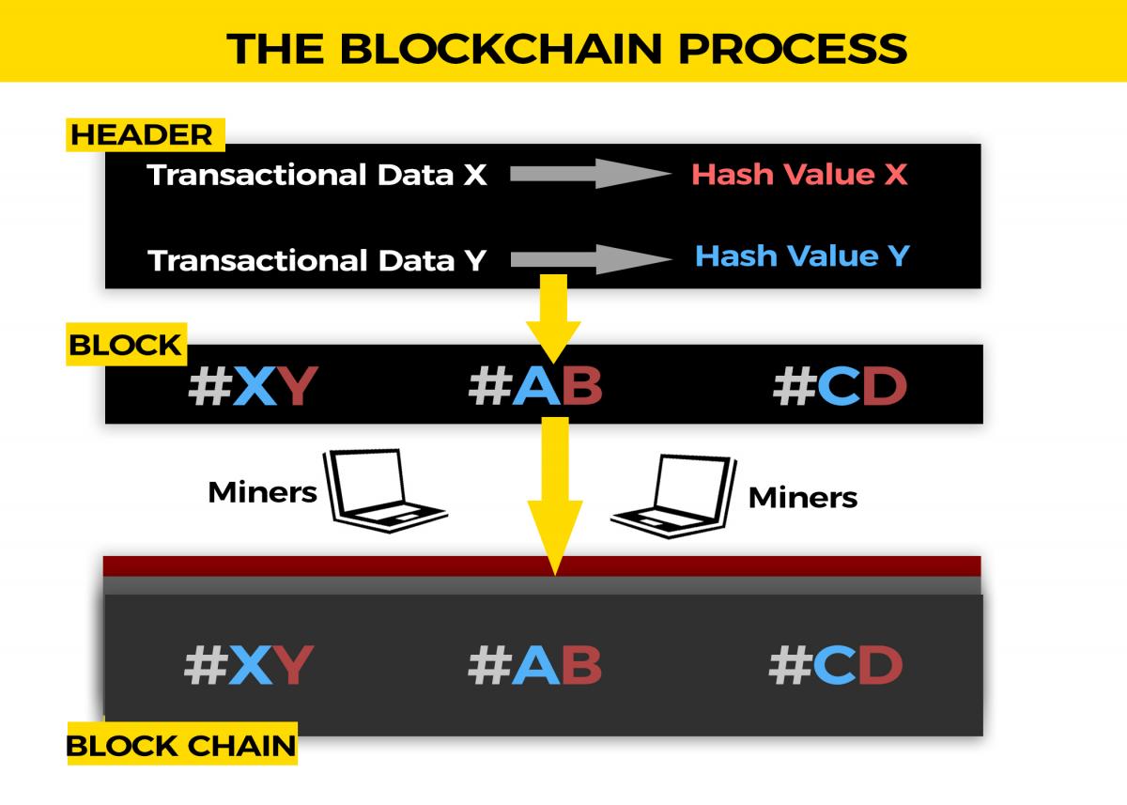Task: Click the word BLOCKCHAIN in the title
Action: pyautogui.click(x=501, y=49)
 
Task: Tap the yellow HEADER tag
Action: pyautogui.click(x=146, y=135)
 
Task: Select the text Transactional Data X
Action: pyautogui.click(x=317, y=175)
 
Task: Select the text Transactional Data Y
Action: pyautogui.click(x=317, y=260)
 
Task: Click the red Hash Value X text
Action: pyautogui.click(x=800, y=174)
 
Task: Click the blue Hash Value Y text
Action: pyautogui.click(x=802, y=255)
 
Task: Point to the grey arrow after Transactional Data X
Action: pyautogui.click(x=591, y=174)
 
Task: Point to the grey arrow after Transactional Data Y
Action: pyautogui.click(x=592, y=259)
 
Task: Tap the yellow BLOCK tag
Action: pyautogui.click(x=126, y=345)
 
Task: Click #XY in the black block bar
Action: pyautogui.click(x=253, y=385)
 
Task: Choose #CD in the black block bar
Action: pyautogui.click(x=840, y=385)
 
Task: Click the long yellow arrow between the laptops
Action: pyautogui.click(x=555, y=496)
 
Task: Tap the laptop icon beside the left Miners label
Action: pyautogui.click(x=384, y=490)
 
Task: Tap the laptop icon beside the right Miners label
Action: pyautogui.click(x=674, y=497)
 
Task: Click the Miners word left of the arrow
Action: pyautogui.click(x=262, y=492)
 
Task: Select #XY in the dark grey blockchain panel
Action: pyautogui.click(x=250, y=665)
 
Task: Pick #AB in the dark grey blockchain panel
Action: pyautogui.click(x=534, y=665)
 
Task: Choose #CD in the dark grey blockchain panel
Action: pyautogui.click(x=836, y=665)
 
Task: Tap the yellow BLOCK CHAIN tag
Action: pyautogui.click(x=182, y=744)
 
